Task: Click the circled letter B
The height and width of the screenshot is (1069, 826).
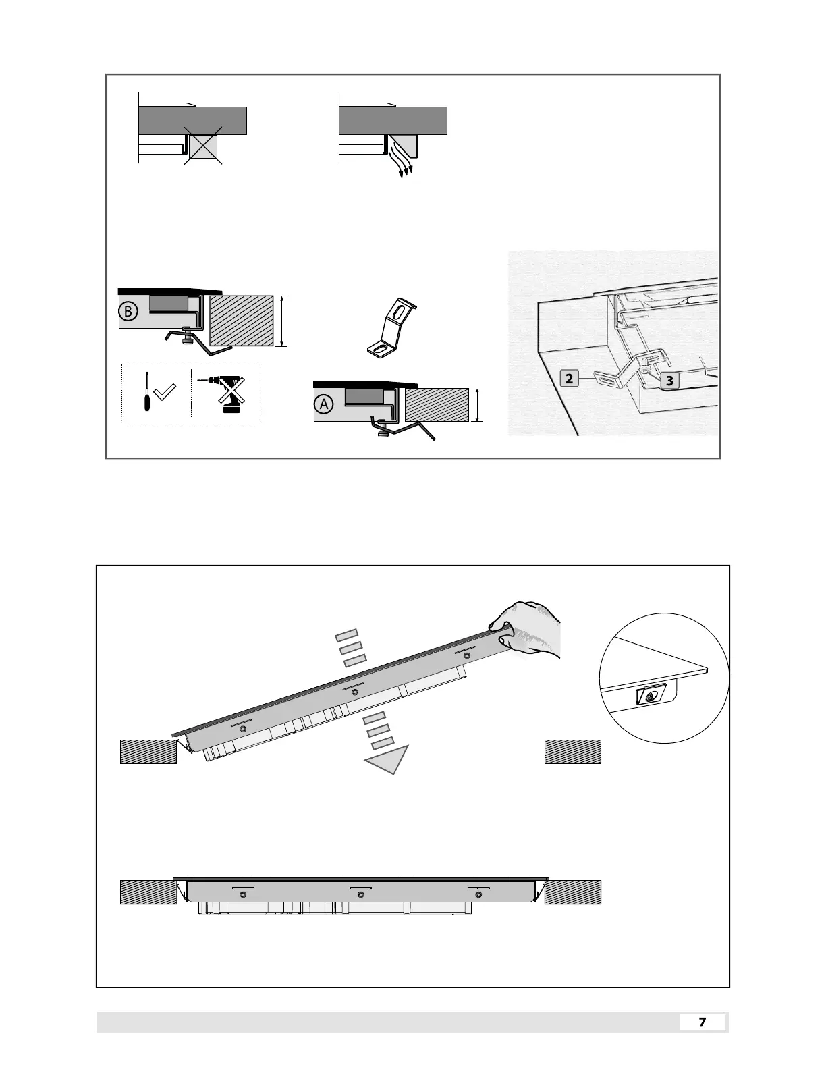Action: (128, 311)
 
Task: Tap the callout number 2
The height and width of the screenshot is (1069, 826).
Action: (570, 379)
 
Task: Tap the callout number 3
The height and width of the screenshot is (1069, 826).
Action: (669, 381)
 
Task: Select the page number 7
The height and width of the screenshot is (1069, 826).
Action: (702, 1022)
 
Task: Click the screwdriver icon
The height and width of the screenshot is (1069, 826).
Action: (144, 393)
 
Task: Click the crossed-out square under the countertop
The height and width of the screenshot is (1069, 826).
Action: (203, 146)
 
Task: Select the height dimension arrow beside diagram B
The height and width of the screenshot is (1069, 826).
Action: (284, 321)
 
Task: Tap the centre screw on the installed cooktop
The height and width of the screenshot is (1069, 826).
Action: (360, 894)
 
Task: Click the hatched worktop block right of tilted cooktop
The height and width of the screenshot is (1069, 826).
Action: (572, 751)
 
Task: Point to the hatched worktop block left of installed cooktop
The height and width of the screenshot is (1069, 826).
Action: (148, 892)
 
